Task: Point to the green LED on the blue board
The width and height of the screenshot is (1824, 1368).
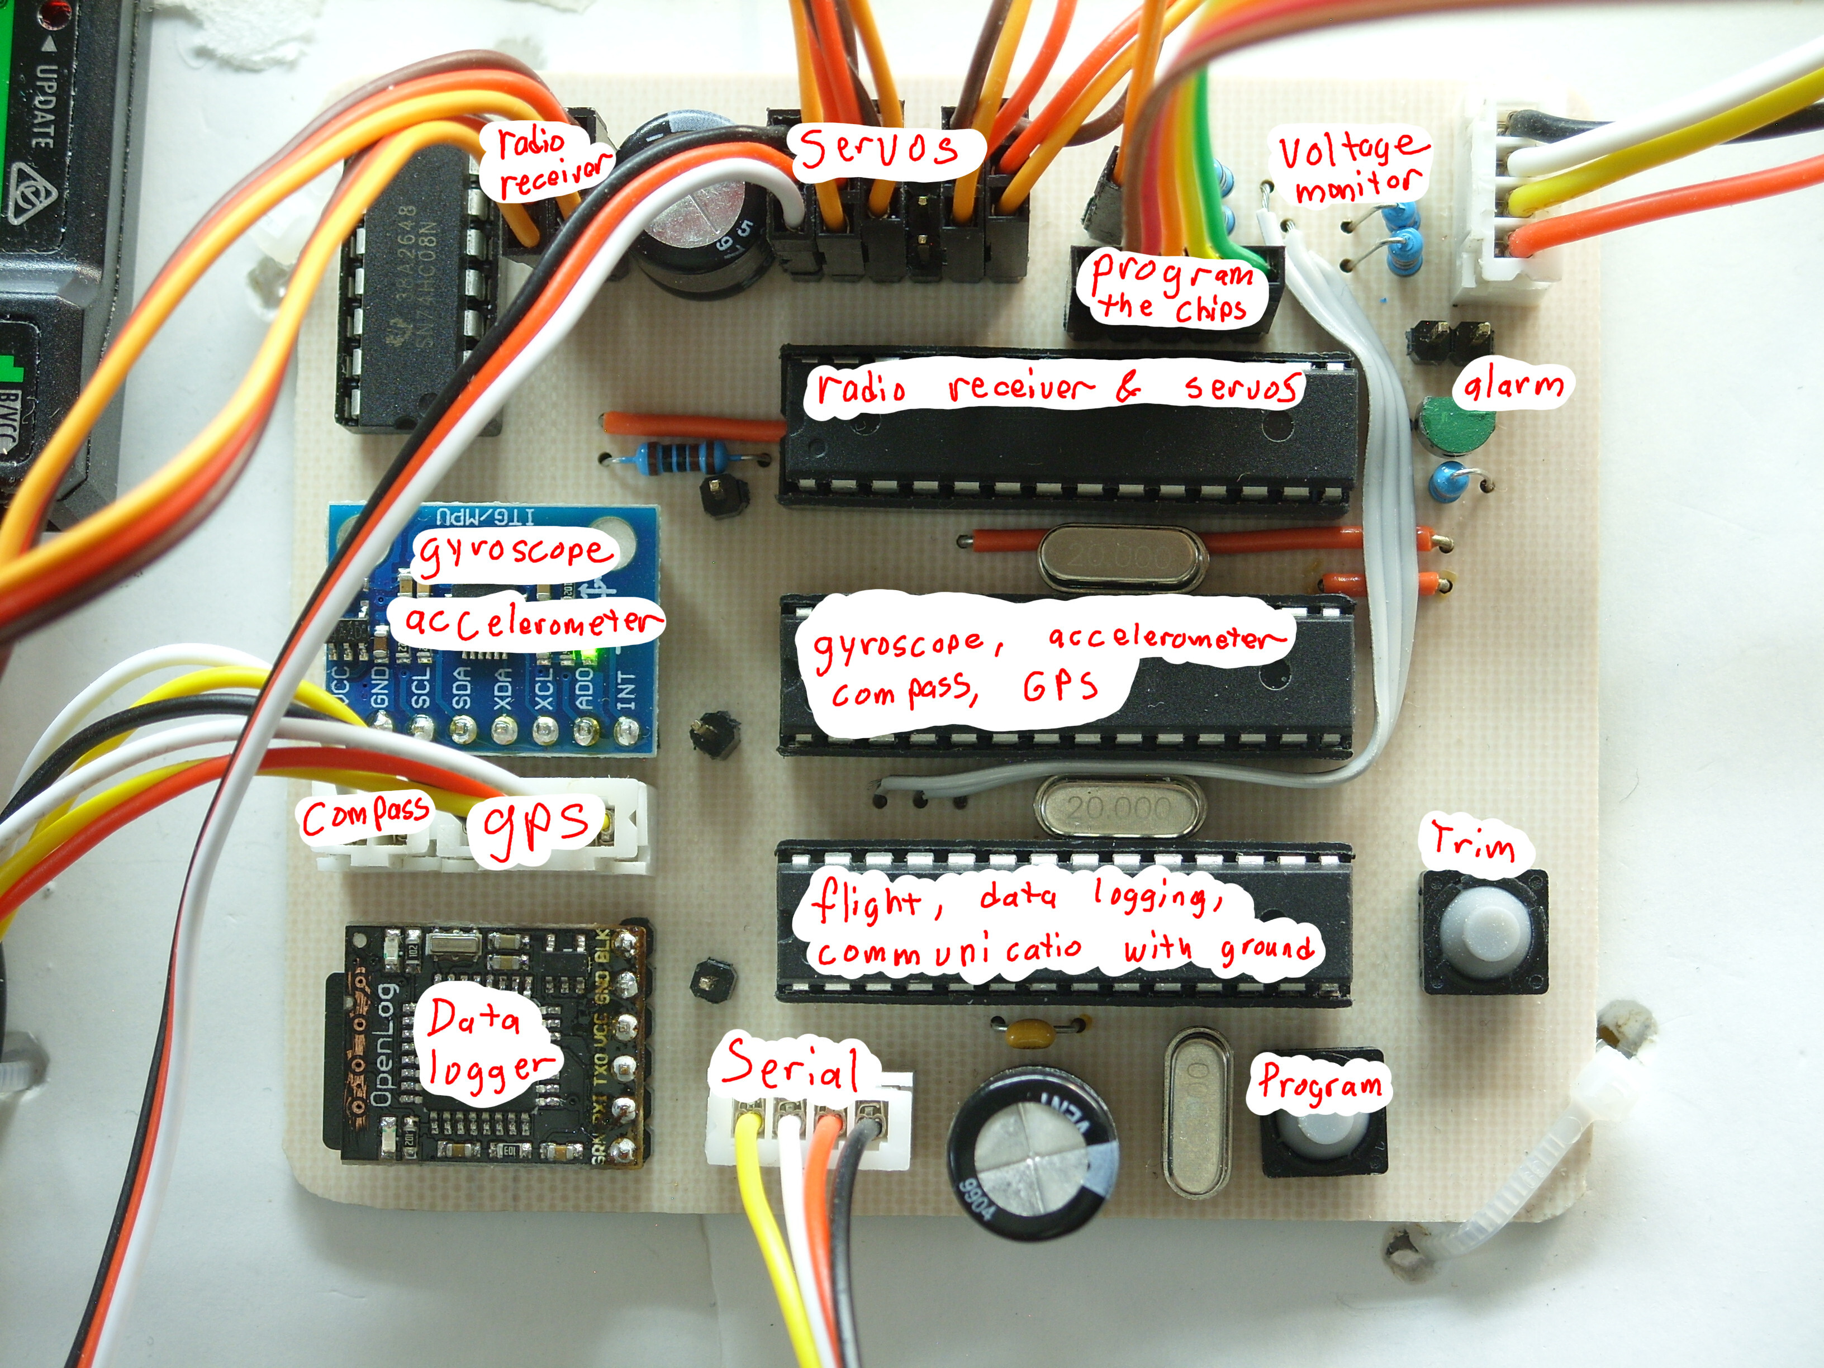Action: coord(590,655)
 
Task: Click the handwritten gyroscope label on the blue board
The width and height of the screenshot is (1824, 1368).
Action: coord(514,553)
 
